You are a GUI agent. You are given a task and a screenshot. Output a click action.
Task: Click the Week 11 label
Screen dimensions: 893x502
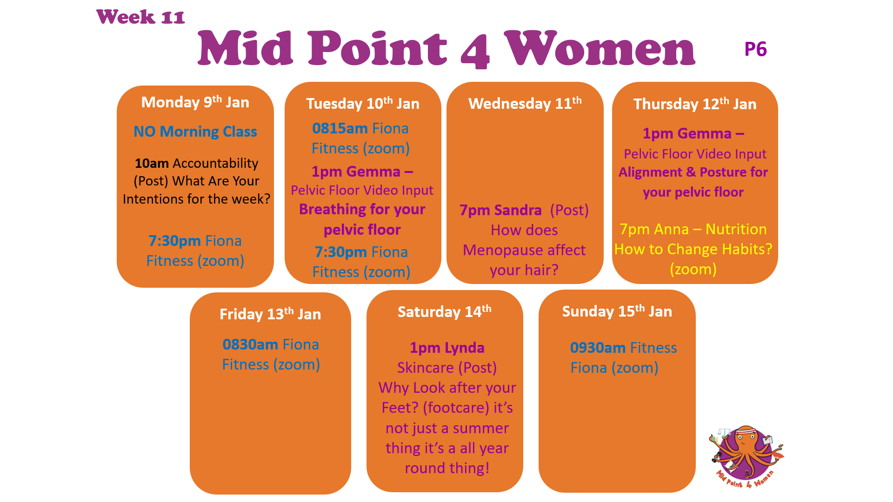140,17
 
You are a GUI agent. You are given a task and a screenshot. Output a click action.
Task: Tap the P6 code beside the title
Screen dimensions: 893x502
755,49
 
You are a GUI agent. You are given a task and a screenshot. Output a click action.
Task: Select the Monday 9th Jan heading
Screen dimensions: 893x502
195,102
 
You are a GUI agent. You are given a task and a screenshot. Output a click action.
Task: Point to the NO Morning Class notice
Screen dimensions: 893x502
195,132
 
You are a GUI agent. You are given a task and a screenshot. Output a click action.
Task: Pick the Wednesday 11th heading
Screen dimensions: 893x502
525,103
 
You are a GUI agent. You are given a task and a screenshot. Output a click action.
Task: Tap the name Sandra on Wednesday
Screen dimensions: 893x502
518,210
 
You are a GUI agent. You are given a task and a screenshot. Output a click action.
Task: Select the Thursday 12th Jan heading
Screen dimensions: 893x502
695,104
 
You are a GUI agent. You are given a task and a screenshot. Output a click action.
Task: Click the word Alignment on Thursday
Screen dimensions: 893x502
650,172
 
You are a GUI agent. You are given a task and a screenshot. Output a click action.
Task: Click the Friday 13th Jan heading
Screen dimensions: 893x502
270,314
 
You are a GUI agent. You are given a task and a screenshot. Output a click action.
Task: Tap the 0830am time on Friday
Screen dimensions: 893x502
250,344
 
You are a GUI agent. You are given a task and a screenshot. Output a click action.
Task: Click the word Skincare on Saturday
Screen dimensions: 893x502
426,368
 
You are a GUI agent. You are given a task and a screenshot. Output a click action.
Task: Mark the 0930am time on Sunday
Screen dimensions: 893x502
598,348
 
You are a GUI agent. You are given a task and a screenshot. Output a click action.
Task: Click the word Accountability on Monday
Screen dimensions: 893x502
215,164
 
